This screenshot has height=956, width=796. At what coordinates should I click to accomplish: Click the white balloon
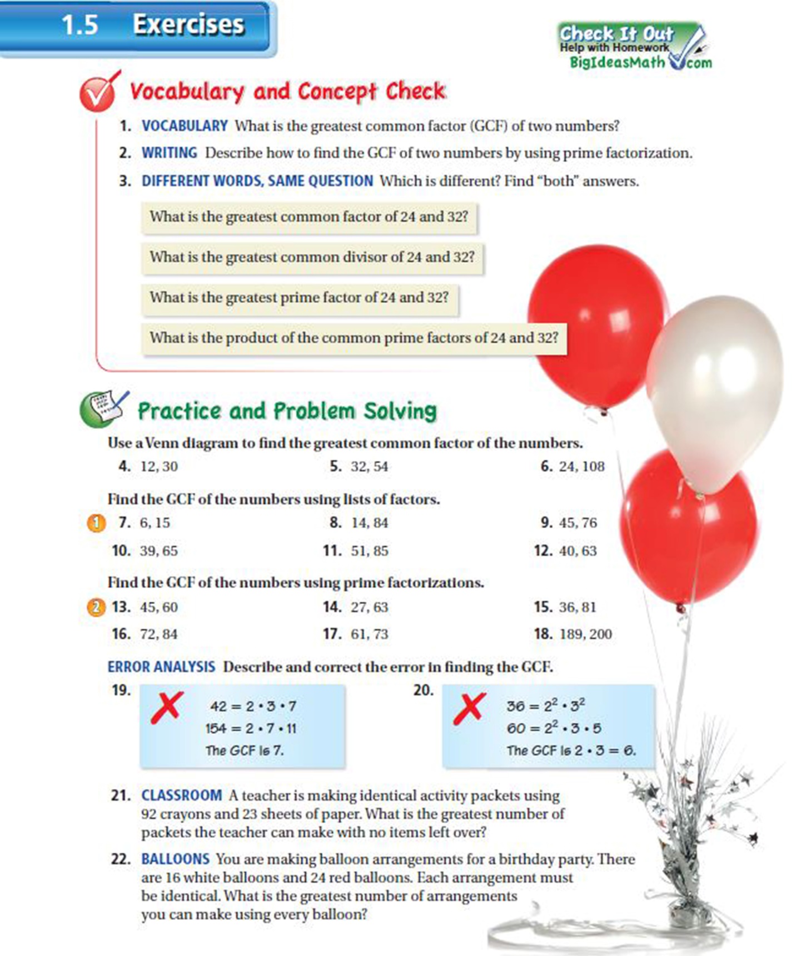(x=714, y=389)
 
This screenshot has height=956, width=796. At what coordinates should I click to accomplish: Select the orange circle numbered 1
(x=96, y=523)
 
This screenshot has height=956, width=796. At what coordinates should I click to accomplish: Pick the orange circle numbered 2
(x=96, y=607)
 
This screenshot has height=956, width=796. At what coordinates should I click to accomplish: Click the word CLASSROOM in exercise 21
(x=181, y=795)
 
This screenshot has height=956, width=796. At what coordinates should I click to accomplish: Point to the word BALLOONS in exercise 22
(x=175, y=859)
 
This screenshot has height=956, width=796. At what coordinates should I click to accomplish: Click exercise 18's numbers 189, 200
(x=585, y=634)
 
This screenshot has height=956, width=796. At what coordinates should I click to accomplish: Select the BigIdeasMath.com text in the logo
(x=639, y=62)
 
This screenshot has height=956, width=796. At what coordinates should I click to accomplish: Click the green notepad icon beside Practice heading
(x=103, y=409)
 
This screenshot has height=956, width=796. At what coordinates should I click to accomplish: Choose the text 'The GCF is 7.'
(x=244, y=750)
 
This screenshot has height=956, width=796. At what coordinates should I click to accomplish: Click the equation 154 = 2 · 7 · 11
(x=251, y=728)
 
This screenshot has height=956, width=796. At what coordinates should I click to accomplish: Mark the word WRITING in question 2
(x=169, y=153)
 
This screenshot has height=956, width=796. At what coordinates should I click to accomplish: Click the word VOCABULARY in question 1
(x=185, y=126)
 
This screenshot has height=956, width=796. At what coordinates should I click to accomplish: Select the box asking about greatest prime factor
(x=299, y=298)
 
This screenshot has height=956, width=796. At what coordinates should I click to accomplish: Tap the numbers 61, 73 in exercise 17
(x=369, y=634)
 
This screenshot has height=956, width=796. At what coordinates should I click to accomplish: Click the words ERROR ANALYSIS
(x=161, y=667)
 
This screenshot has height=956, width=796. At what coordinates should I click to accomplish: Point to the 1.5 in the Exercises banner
(x=79, y=25)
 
